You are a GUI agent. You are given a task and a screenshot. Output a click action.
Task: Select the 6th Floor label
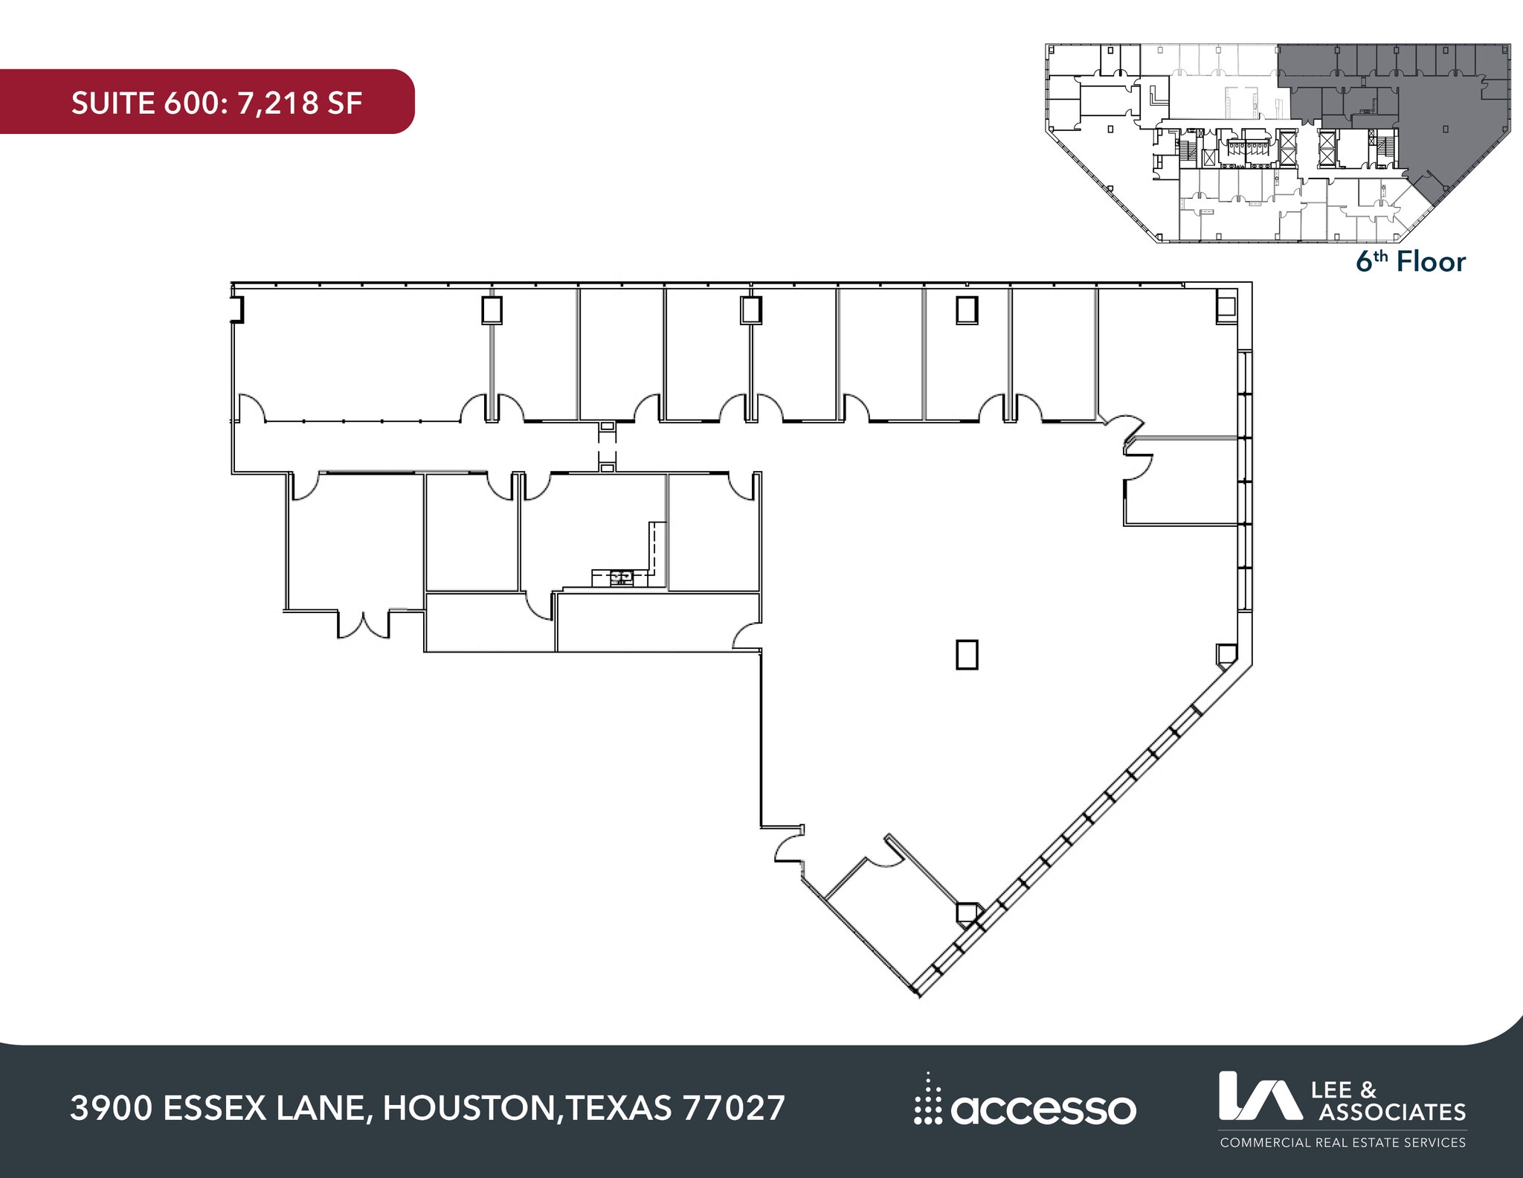pos(1410,262)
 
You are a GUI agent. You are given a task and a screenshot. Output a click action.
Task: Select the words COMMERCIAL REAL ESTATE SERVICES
pos(1342,1142)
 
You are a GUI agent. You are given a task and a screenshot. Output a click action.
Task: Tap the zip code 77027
pos(732,1108)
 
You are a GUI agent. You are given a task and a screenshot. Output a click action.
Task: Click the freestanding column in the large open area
pos(967,655)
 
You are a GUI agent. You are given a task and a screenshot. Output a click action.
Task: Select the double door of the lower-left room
pos(364,625)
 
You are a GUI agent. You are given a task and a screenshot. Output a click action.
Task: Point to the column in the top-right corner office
pos(1226,307)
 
